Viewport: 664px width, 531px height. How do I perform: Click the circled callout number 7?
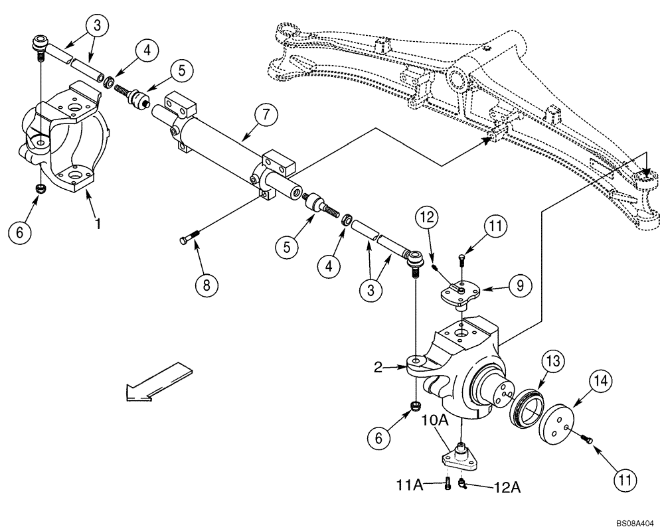266,115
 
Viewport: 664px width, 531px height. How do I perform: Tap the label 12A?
507,488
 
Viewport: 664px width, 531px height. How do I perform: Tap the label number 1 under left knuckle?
98,224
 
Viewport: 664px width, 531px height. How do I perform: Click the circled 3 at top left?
98,27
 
